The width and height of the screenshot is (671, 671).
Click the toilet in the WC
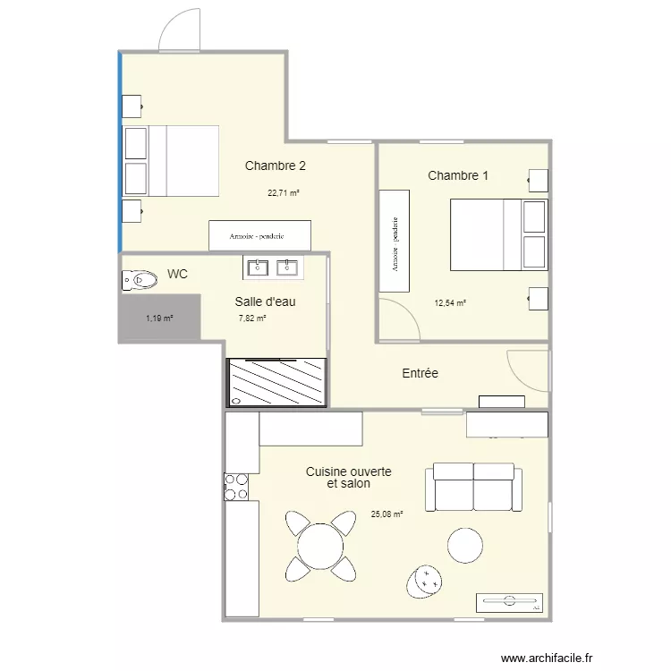pos(139,281)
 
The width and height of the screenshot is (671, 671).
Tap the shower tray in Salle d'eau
pos(277,383)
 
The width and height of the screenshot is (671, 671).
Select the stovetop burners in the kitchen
pos(236,487)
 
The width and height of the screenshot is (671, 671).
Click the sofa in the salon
pos(474,488)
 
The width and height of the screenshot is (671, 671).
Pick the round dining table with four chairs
pos(319,545)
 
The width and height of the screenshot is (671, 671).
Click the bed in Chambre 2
pos(171,161)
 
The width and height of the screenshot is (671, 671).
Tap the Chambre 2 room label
pos(276,166)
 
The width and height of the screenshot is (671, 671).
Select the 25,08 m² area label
pos(386,514)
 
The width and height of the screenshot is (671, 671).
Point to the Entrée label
pos(420,373)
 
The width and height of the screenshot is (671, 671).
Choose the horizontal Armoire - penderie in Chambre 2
pos(259,236)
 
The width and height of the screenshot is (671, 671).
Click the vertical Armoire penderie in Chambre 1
pos(394,241)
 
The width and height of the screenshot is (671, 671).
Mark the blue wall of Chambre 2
pos(119,152)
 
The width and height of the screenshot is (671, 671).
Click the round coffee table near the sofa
pos(465,544)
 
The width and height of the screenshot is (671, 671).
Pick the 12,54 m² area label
pos(450,303)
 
